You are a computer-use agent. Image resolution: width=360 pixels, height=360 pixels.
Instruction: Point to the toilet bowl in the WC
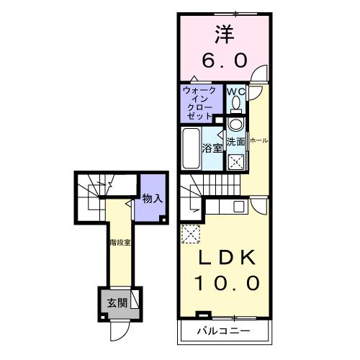pos(235,107)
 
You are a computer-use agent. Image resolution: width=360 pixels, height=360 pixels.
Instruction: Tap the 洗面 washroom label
pos(236,141)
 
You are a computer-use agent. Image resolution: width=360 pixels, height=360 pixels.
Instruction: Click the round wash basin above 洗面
pos(235,125)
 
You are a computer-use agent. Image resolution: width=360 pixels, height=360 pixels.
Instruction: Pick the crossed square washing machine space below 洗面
pos(235,161)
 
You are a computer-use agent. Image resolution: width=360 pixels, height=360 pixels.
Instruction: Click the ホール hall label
pos(258,141)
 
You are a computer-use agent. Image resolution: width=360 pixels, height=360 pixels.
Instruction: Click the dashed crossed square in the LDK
pos(191,235)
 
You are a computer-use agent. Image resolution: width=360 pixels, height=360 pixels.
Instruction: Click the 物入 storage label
pos(151,199)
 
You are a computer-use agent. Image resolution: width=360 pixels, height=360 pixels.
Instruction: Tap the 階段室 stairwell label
pos(120,243)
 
